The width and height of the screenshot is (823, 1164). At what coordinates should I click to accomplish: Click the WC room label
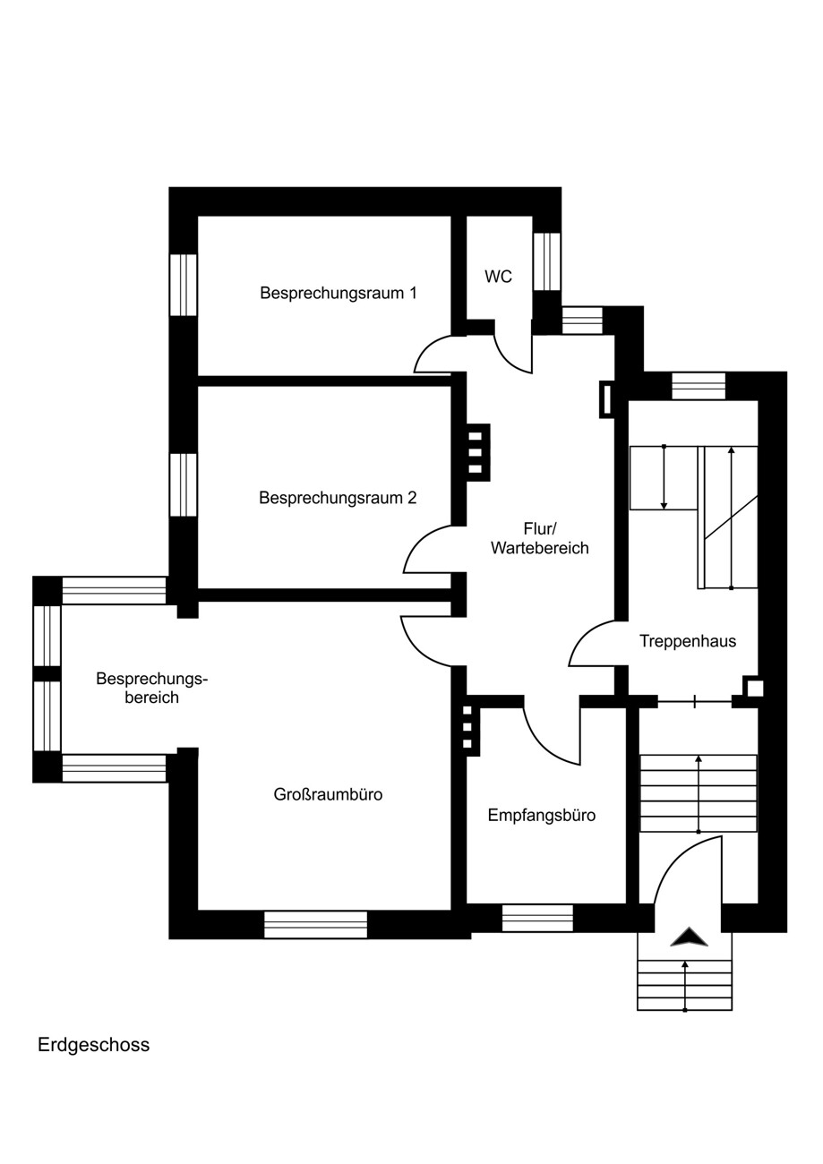click(498, 277)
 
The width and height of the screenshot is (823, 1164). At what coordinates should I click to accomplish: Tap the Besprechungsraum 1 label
click(339, 293)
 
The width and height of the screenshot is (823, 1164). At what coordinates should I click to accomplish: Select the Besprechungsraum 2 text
click(338, 498)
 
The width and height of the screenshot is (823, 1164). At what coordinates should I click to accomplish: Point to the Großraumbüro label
click(328, 794)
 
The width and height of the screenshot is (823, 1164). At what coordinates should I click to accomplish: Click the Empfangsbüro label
click(542, 815)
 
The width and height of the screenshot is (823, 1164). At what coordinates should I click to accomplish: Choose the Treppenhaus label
click(688, 641)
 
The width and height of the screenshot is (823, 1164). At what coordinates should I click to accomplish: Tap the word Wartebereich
click(540, 548)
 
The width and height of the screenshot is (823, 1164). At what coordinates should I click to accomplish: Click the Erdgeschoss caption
click(93, 1045)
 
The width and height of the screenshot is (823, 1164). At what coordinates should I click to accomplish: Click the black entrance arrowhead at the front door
click(689, 937)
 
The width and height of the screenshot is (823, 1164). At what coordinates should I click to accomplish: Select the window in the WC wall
click(547, 261)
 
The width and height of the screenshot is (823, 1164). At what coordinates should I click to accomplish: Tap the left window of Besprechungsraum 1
click(184, 285)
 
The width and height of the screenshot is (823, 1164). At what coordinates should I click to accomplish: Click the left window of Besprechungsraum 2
click(184, 484)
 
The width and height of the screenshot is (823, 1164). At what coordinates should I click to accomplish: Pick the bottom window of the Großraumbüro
click(315, 924)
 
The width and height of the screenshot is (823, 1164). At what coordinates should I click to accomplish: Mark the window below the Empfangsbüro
click(537, 918)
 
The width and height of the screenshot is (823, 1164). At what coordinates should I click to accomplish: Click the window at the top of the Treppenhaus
click(699, 386)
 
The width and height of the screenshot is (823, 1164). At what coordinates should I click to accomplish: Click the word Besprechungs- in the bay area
click(151, 679)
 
